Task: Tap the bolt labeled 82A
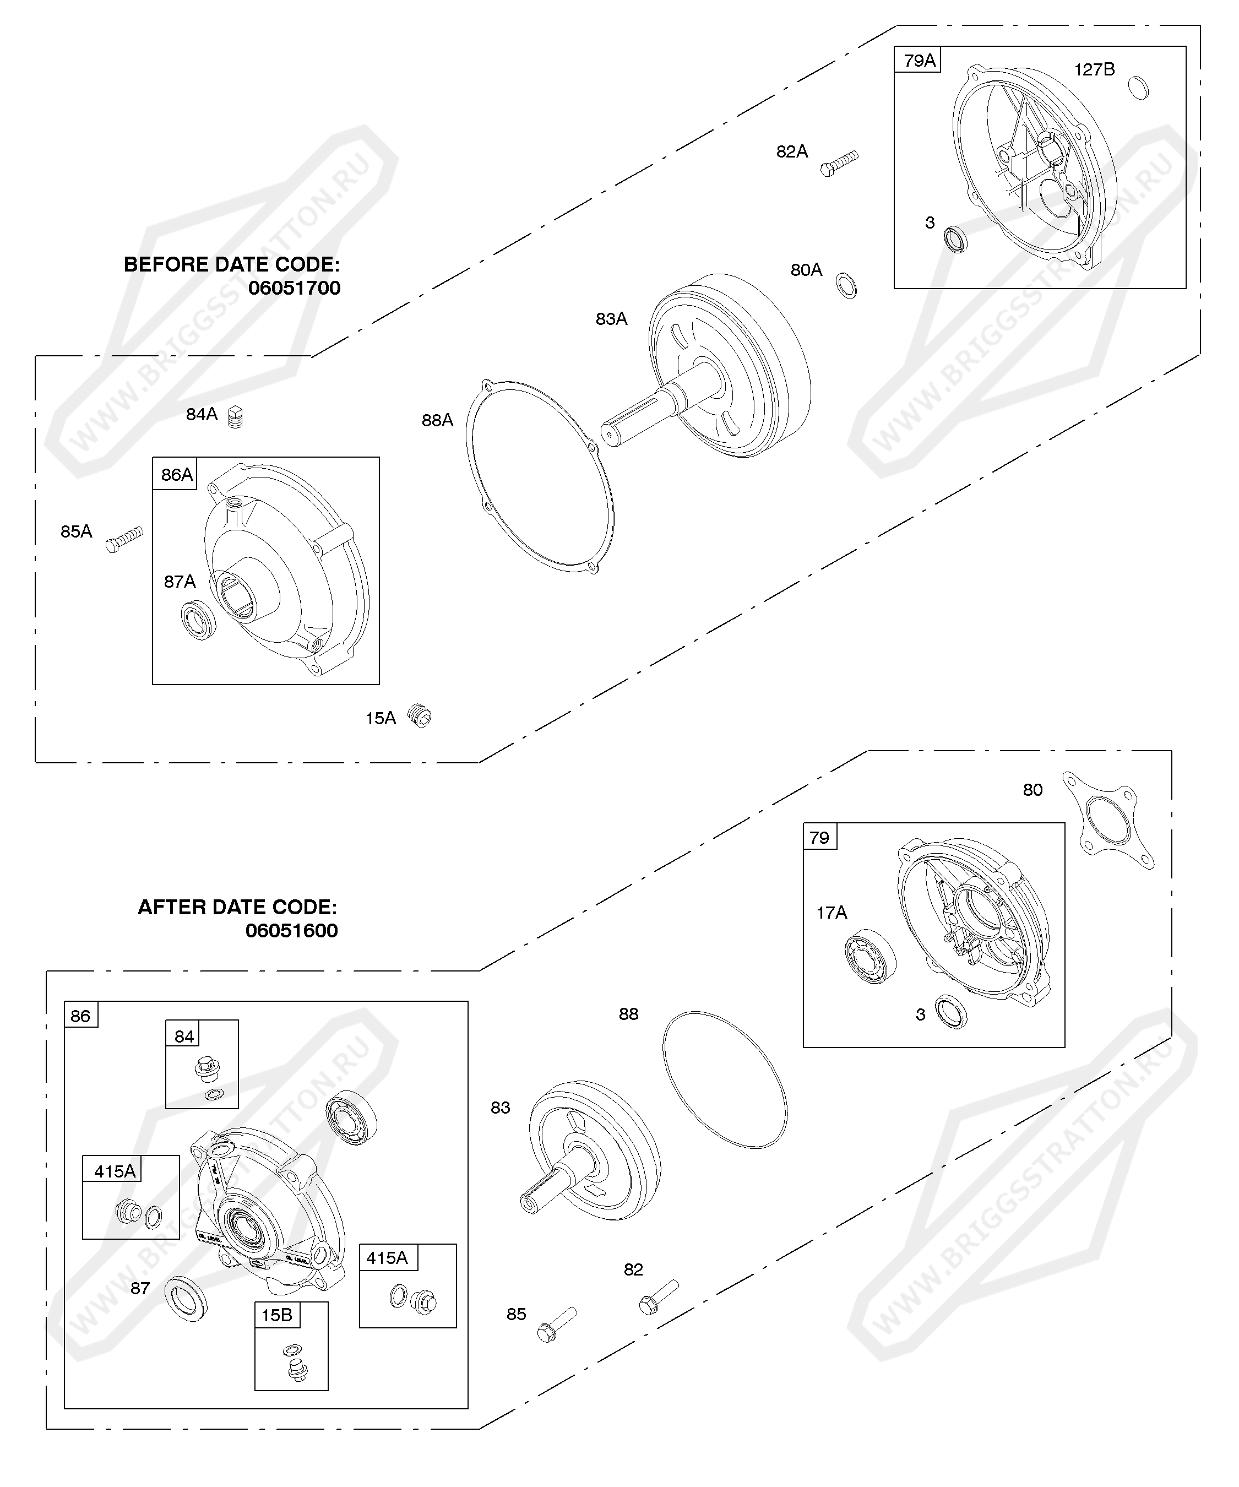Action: click(839, 163)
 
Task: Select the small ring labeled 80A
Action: click(846, 285)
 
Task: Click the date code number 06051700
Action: click(295, 288)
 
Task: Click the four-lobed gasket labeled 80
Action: click(1108, 820)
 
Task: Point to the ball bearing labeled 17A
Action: click(871, 956)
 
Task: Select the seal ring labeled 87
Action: click(186, 1299)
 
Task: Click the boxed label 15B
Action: click(276, 1316)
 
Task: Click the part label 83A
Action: click(611, 319)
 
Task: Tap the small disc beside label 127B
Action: click(1138, 87)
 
